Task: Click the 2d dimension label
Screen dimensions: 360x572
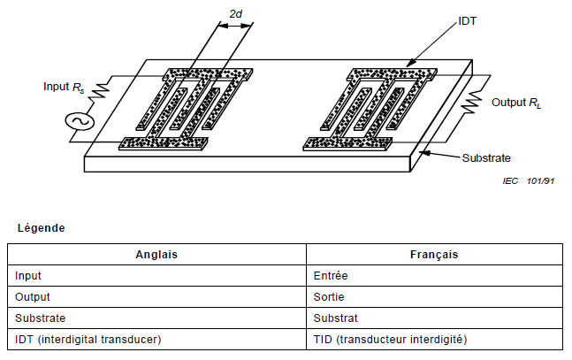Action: tap(235, 15)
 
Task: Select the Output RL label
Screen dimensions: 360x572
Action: tap(516, 103)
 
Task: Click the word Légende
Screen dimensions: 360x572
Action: tap(41, 228)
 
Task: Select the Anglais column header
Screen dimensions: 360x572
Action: tap(156, 254)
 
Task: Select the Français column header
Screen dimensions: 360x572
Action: tap(434, 254)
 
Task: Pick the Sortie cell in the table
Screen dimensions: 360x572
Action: tap(329, 296)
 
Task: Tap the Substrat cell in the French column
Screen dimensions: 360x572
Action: tap(333, 318)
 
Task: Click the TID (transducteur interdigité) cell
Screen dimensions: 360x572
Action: tap(389, 339)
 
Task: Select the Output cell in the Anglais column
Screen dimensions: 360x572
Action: tap(32, 296)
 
